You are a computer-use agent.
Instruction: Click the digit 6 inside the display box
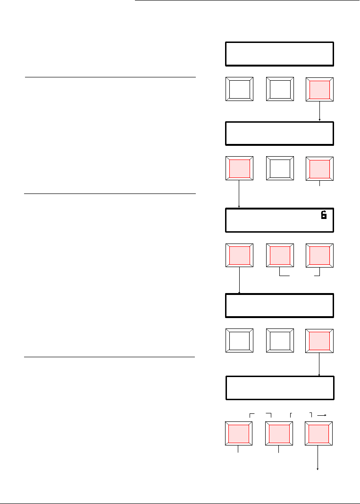(x=324, y=215)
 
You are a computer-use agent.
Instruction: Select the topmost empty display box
(x=280, y=54)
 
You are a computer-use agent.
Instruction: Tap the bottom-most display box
(x=280, y=388)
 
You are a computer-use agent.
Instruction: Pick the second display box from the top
(x=280, y=134)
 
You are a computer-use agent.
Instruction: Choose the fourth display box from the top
(x=280, y=305)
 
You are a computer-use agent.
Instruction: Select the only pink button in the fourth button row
(x=320, y=339)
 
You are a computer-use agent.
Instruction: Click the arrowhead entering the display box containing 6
(x=240, y=206)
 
